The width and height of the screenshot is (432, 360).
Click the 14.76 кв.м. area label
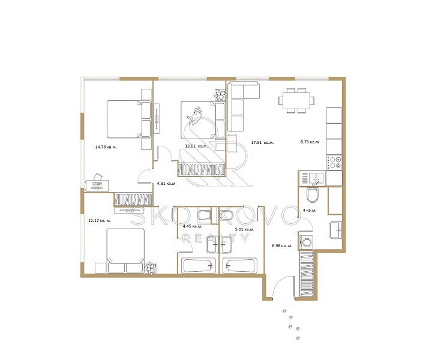[x=106, y=147]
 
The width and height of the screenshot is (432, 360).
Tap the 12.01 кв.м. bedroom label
[x=196, y=146]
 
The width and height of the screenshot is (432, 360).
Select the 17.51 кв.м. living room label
[x=262, y=143]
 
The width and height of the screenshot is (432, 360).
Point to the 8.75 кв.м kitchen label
[x=310, y=142]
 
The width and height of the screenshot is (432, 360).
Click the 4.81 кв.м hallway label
[x=166, y=183]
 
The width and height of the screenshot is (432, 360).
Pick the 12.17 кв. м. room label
[x=100, y=221]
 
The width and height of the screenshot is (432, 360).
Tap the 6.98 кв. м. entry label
[x=282, y=245]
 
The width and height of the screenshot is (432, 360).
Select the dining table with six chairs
[x=296, y=101]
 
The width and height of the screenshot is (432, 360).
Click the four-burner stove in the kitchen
[x=334, y=162]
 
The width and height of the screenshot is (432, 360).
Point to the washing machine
[x=306, y=242]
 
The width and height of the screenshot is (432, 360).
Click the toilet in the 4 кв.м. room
[x=312, y=195]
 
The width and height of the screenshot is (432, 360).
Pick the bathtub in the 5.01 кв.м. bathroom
[x=240, y=266]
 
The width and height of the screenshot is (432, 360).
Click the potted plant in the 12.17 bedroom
[x=151, y=268]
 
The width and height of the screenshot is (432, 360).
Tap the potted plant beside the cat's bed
[x=220, y=95]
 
